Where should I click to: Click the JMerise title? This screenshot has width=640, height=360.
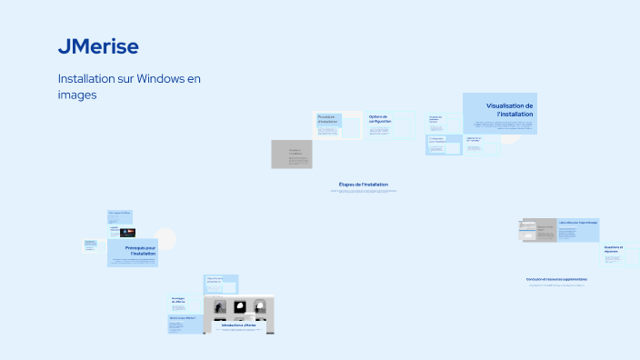[98, 46]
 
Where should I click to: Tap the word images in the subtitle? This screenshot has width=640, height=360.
[77, 94]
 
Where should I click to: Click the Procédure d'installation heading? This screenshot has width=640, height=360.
[326, 119]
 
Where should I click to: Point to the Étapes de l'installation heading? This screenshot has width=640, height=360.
[363, 185]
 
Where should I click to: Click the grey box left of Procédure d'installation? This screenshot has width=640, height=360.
[292, 154]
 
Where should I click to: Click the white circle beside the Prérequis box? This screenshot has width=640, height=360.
[165, 239]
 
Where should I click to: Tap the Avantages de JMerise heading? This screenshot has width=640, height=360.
[178, 300]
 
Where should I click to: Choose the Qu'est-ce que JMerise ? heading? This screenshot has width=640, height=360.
[182, 318]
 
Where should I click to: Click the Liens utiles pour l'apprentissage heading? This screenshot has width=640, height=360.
[578, 222]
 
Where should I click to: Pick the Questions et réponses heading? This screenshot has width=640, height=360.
[614, 248]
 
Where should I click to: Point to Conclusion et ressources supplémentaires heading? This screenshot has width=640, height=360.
[556, 279]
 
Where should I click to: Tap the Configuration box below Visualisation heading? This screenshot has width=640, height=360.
[438, 140]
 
